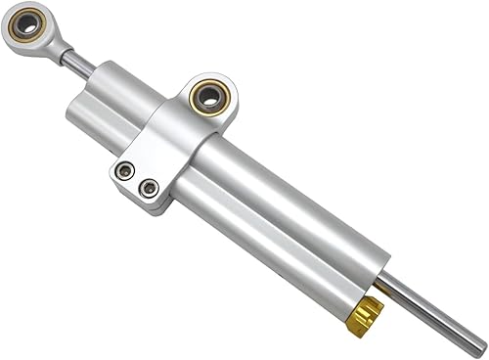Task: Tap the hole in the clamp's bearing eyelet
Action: pos(208,95)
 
